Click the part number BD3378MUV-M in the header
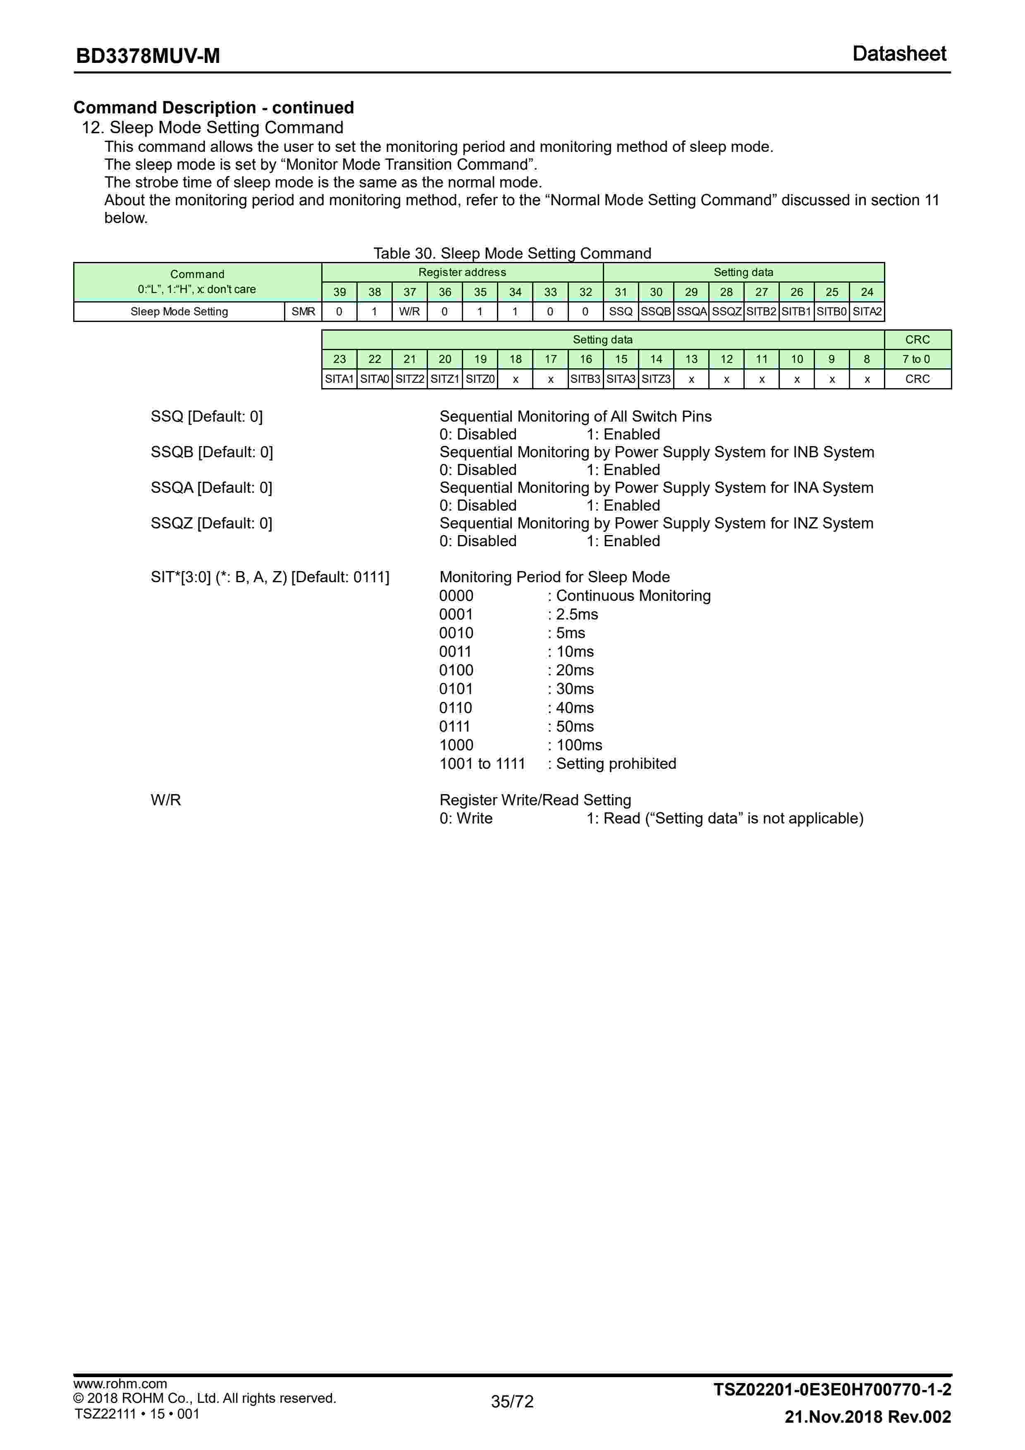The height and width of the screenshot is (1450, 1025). [x=148, y=56]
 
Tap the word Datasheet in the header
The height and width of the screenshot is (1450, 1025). [x=899, y=54]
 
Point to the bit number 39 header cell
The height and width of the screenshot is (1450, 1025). [x=339, y=292]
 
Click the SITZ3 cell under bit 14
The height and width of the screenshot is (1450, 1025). [x=656, y=379]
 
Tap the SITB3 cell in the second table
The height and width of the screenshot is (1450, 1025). [x=586, y=379]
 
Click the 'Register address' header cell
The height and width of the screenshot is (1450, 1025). [x=462, y=272]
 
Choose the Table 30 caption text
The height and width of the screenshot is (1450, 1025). [x=512, y=253]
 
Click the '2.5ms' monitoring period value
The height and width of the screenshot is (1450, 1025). [x=576, y=615]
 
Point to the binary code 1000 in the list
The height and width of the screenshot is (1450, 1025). [x=456, y=745]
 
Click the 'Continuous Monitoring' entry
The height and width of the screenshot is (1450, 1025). [x=633, y=595]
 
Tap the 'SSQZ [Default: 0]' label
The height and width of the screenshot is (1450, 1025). [x=211, y=523]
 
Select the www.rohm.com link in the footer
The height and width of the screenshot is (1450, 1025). [x=120, y=1384]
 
